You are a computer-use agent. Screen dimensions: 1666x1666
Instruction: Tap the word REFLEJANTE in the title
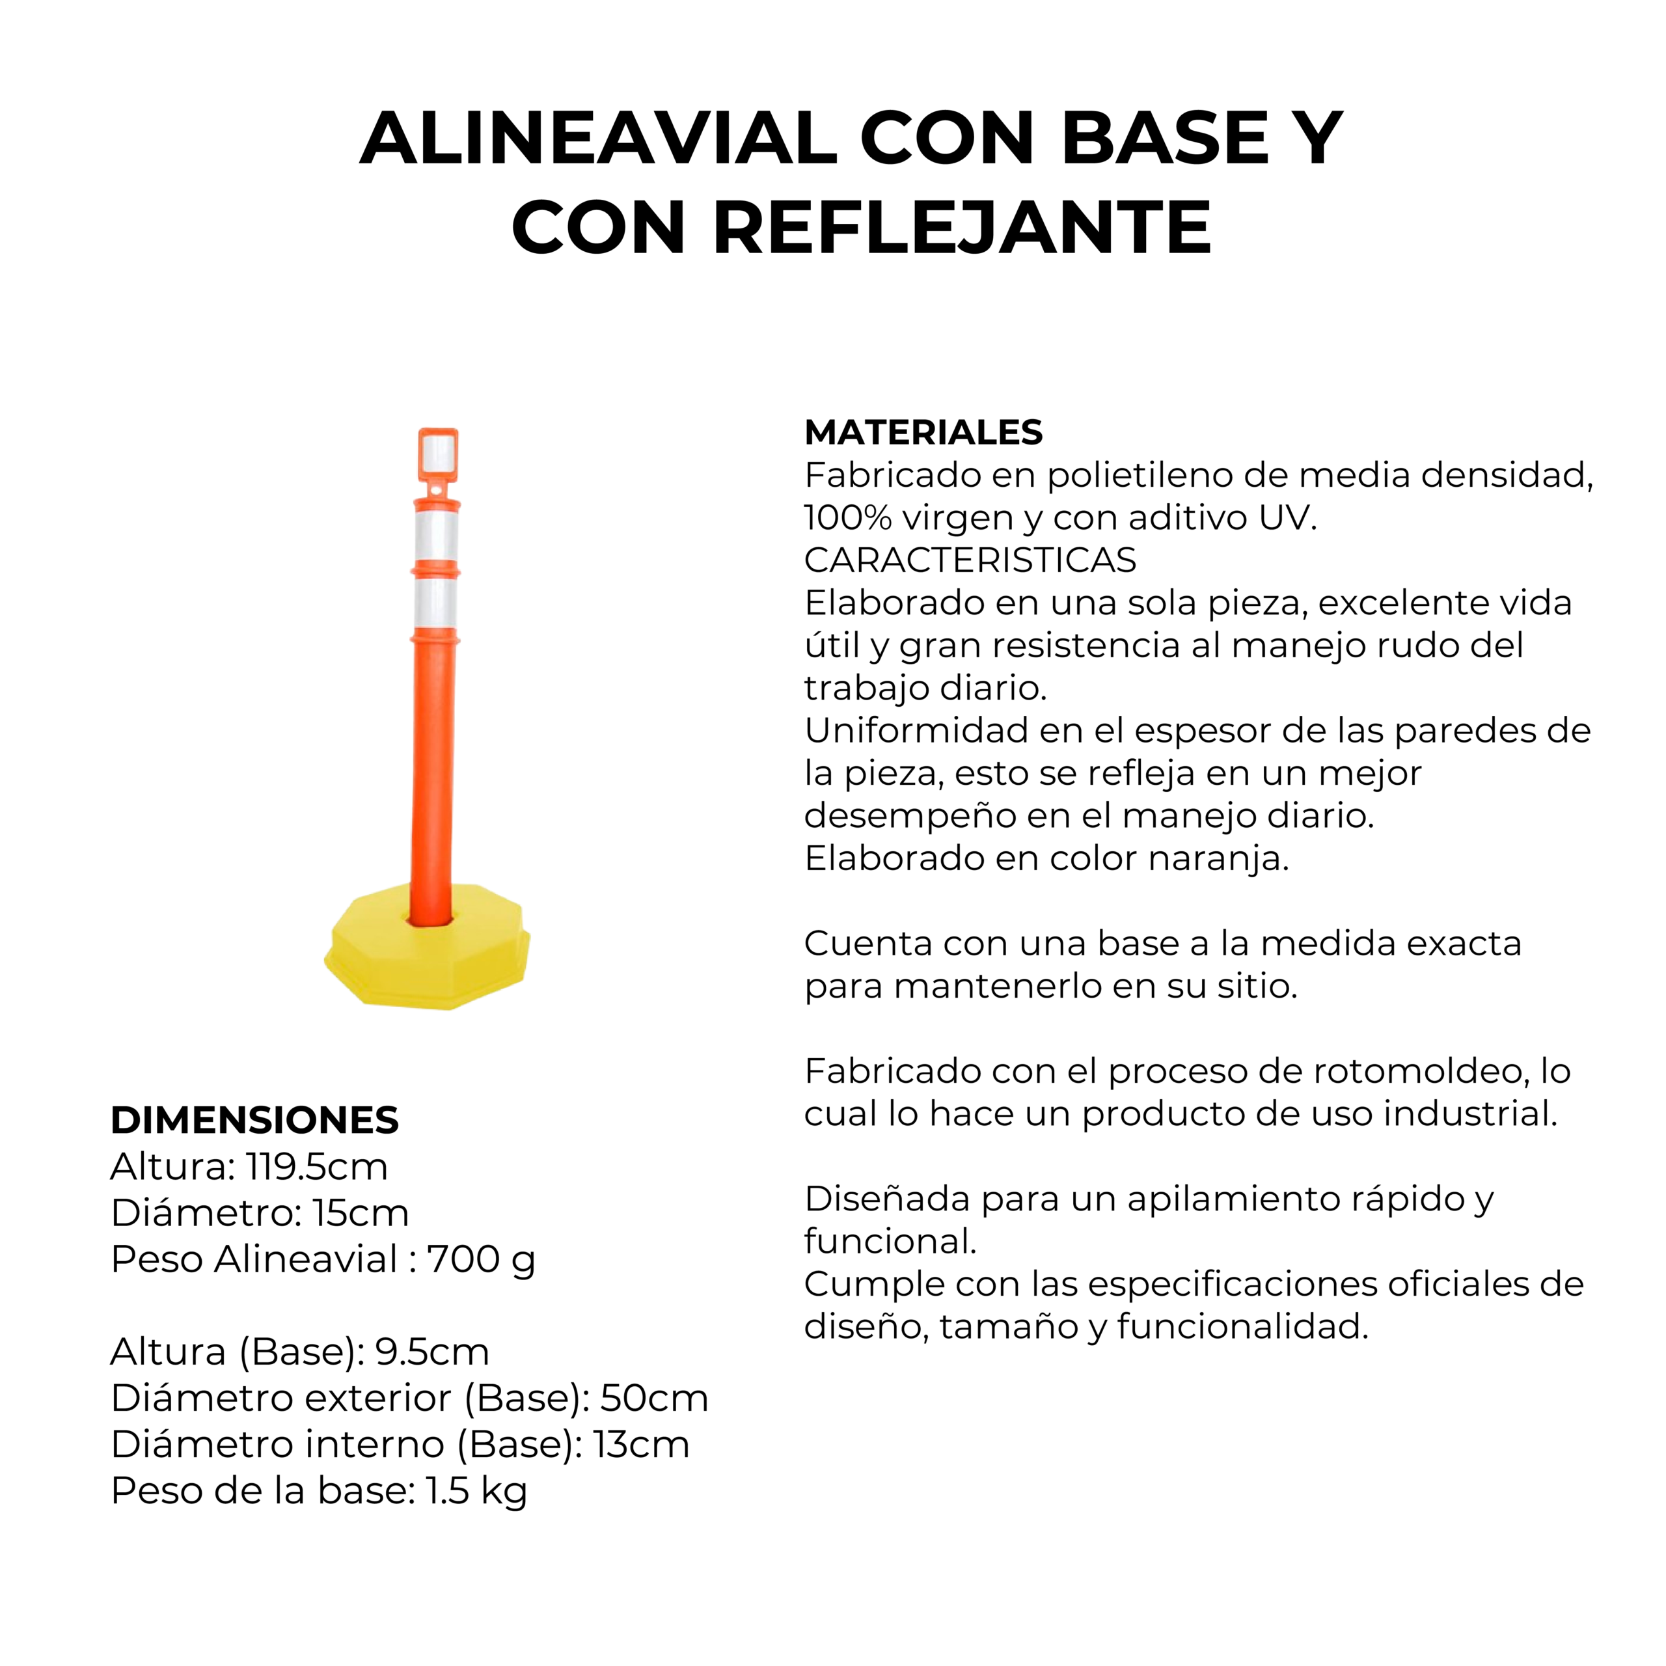click(963, 228)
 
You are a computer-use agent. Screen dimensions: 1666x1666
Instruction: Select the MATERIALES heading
click(923, 432)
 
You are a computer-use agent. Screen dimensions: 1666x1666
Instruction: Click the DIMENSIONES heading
click(254, 1120)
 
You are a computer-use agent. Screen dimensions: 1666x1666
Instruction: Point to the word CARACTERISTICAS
click(970, 560)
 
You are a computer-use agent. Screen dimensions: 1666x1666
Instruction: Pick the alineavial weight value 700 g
click(481, 1260)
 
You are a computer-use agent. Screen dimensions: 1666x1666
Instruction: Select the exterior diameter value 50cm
click(655, 1398)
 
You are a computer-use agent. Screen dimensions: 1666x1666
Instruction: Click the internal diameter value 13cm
click(642, 1444)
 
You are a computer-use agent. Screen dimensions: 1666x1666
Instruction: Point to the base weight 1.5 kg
click(476, 1491)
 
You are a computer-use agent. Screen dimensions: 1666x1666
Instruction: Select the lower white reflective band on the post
click(435, 604)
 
